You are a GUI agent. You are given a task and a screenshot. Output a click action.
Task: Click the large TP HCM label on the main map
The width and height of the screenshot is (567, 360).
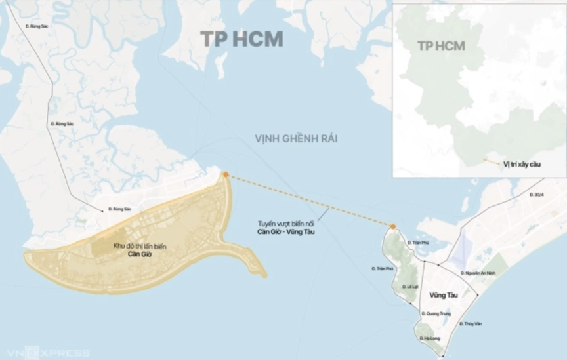241,39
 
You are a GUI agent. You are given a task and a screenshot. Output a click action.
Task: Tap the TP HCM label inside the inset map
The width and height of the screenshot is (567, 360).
441,46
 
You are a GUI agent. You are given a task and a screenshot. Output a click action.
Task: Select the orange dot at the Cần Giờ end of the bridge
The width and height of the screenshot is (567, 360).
225,175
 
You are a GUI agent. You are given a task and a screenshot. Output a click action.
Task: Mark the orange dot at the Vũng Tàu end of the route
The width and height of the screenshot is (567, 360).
392,227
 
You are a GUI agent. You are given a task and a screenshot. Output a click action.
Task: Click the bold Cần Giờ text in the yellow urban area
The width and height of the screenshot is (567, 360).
138,252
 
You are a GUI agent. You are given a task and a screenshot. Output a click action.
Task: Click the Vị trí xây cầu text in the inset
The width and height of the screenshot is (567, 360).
522,163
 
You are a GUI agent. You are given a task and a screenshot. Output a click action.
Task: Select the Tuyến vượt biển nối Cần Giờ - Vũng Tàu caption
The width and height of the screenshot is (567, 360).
285,227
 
